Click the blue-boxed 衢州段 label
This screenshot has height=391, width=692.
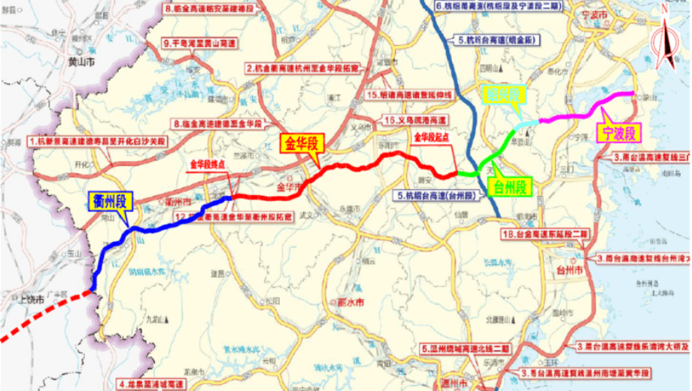110,201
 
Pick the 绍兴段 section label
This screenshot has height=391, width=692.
501,95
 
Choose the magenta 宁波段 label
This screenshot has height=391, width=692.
618,134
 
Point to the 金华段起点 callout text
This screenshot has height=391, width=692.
432,139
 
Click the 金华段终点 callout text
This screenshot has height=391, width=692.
208,163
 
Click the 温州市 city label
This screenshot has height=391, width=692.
452,384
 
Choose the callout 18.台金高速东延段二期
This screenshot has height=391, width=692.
544,236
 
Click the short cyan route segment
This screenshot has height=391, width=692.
527,122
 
